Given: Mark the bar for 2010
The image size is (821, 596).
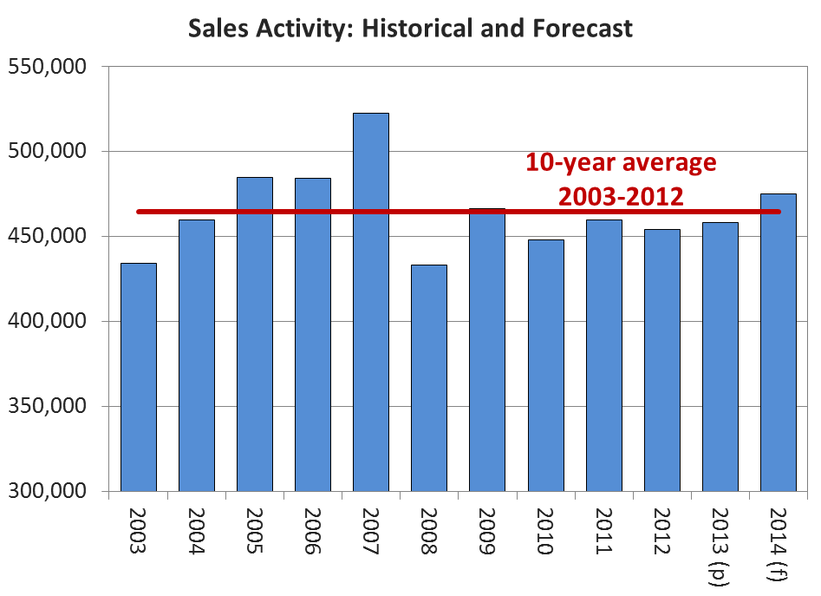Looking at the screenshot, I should (546, 365).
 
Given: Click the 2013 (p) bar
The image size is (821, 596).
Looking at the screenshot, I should (720, 357).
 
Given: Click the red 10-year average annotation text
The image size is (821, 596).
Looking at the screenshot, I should (621, 179).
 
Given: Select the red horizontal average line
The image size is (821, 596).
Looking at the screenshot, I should (347, 211).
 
